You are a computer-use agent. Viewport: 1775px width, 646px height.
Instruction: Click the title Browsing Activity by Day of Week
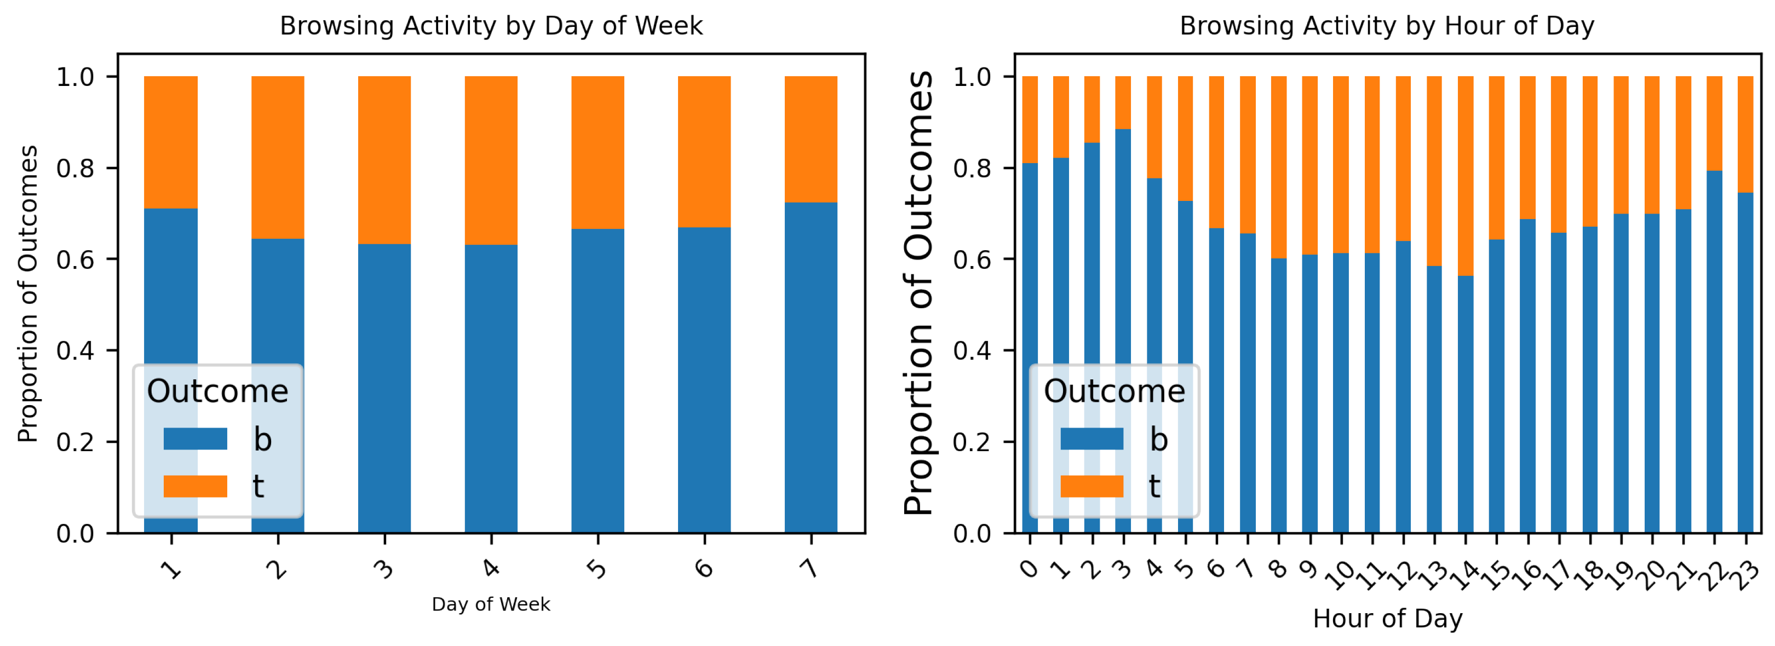coord(491,26)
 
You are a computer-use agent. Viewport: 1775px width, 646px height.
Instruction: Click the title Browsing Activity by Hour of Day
coord(1387,26)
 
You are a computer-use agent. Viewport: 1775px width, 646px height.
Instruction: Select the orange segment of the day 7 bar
coord(811,139)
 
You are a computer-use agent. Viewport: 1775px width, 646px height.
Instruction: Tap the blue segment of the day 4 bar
coord(491,389)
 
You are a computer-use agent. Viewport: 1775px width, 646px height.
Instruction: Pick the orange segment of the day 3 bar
coord(384,160)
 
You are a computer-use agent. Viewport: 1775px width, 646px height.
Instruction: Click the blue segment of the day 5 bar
coord(598,381)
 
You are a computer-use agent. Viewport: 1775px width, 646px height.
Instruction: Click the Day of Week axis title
coord(491,605)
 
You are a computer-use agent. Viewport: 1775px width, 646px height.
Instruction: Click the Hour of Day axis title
coord(1388,619)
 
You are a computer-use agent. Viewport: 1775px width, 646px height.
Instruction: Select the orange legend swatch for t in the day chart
coord(195,486)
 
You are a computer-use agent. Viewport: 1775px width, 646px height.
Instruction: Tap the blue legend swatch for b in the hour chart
coord(1092,439)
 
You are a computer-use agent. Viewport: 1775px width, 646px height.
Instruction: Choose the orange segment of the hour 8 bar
coord(1279,168)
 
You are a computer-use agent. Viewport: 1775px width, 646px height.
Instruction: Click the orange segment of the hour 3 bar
coord(1123,102)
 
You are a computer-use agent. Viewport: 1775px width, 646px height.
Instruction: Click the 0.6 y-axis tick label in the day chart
coord(75,259)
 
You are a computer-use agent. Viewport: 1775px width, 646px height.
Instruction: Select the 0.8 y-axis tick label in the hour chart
coord(972,169)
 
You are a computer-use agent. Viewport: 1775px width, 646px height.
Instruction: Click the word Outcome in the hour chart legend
coord(1114,391)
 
